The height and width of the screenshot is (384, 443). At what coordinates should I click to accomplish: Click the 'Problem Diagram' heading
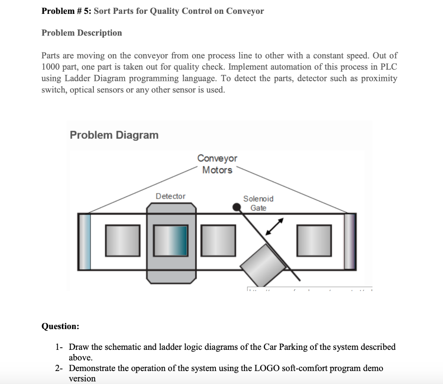(114, 135)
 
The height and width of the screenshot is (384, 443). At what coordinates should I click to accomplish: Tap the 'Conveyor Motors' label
(217, 164)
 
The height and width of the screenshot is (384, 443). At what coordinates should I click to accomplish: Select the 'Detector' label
(170, 196)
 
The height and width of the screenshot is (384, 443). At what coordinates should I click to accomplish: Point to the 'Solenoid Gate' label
(258, 203)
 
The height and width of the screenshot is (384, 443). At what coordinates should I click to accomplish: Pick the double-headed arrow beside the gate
(274, 227)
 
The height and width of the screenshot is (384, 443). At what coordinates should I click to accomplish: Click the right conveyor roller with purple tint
(350, 241)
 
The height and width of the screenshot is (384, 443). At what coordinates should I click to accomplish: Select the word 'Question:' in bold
(60, 326)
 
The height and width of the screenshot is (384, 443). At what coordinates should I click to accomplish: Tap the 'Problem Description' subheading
(82, 33)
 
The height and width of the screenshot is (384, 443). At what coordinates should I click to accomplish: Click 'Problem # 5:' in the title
(66, 11)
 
